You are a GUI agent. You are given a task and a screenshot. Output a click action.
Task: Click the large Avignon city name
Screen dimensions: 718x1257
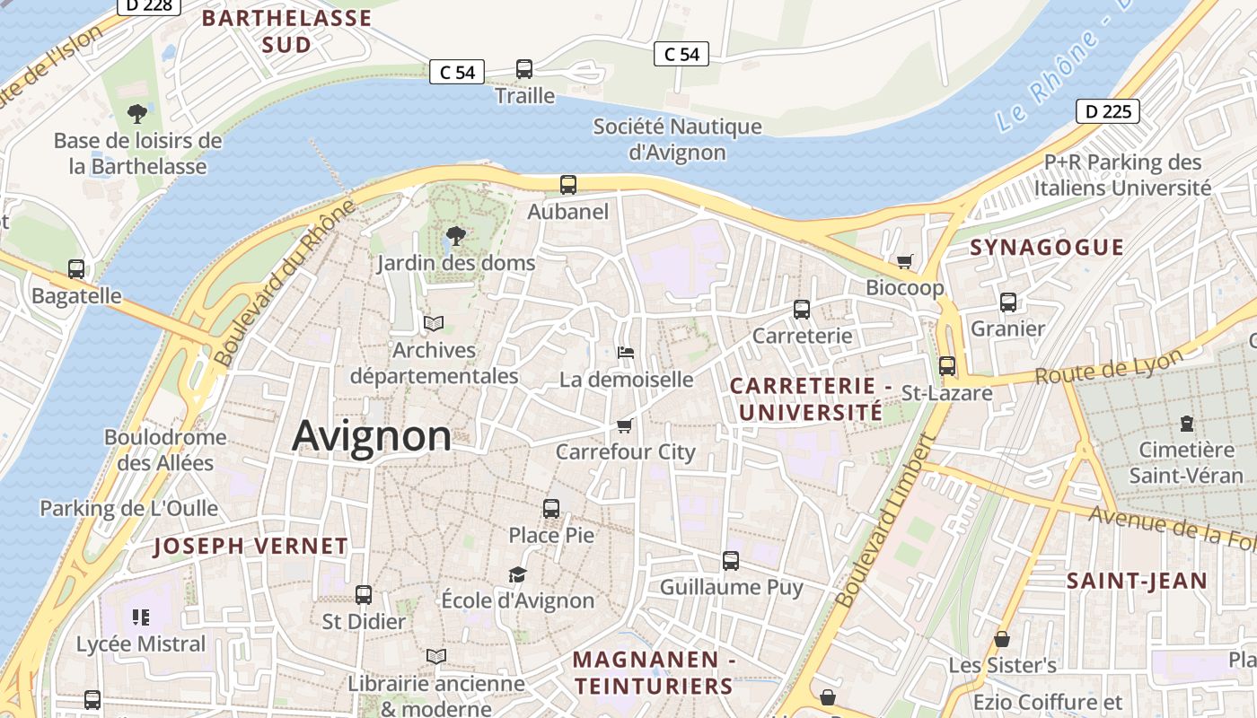372,436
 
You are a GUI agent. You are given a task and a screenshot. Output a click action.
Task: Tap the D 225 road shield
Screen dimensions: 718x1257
1107,111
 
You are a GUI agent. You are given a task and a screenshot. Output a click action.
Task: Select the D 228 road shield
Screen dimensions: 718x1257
149,5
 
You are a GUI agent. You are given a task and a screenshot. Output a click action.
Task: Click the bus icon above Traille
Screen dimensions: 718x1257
524,69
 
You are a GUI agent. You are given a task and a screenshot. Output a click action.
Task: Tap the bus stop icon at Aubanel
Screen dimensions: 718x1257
568,185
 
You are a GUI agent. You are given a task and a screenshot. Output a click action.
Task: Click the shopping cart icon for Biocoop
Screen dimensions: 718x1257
904,262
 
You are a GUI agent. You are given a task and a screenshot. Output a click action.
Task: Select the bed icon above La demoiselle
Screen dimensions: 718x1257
626,353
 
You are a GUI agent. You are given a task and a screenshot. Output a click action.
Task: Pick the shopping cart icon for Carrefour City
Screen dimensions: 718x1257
625,425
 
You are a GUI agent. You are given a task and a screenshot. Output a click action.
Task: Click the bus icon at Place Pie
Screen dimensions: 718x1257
551,509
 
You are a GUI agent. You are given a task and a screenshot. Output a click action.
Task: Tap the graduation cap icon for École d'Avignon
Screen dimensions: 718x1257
517,574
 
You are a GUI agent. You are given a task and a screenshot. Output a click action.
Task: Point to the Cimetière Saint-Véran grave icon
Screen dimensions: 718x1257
1187,424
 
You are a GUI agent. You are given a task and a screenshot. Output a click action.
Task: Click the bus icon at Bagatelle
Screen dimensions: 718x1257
76,269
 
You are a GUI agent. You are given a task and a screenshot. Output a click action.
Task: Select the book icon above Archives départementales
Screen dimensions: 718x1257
434,323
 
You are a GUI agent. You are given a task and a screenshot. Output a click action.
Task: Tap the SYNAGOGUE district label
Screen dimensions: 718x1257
1047,248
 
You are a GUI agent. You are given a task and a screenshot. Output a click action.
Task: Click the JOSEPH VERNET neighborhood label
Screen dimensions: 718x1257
251,546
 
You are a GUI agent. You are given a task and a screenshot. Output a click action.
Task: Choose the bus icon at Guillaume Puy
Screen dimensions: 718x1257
731,561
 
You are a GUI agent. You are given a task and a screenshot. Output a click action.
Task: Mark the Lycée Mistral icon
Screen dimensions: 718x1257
141,617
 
